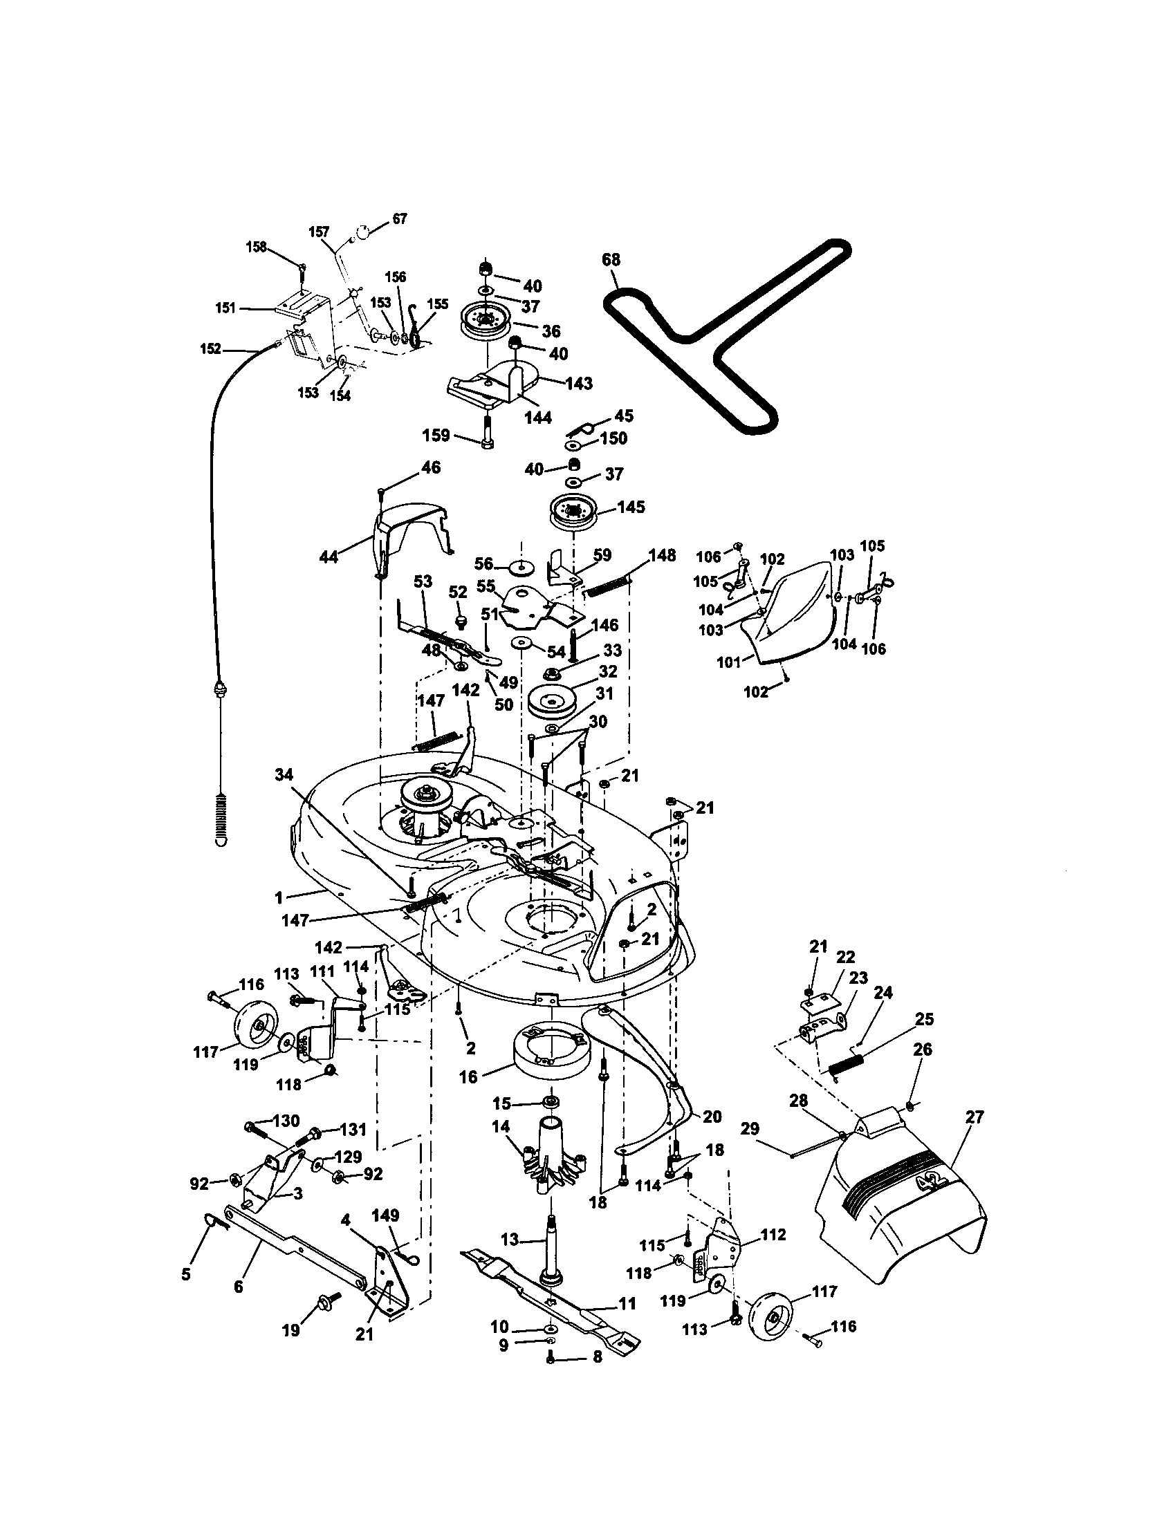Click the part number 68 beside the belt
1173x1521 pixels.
pos(611,260)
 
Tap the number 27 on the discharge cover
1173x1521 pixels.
pos(975,1117)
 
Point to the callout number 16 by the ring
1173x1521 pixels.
pos(468,1076)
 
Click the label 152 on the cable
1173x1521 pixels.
pos(210,349)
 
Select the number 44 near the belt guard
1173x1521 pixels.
pos(328,557)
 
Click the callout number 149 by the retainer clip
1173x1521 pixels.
pos(385,1215)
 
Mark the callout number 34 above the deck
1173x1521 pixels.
pos(284,774)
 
